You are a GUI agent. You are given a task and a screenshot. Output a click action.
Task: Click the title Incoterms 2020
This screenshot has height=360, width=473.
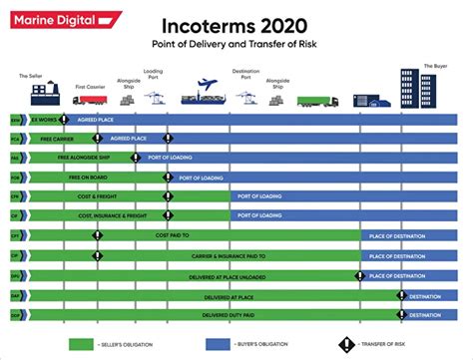click(236, 24)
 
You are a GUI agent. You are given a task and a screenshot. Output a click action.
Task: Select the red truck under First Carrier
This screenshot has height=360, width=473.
click(89, 100)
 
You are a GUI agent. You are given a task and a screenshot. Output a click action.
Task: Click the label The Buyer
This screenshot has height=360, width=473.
click(435, 66)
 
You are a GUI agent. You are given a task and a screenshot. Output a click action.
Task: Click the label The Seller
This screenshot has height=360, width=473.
click(30, 76)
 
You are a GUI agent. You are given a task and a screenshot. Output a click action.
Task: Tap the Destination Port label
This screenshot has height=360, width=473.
click(246, 73)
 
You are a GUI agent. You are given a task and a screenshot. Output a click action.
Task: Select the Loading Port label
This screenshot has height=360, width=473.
click(154, 73)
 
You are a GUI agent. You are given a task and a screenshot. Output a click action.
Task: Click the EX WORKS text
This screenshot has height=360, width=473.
click(45, 120)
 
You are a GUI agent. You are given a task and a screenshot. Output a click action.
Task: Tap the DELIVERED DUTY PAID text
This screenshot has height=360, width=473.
click(228, 314)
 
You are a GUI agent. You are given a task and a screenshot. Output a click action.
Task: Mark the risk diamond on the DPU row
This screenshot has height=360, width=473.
click(360, 275)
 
